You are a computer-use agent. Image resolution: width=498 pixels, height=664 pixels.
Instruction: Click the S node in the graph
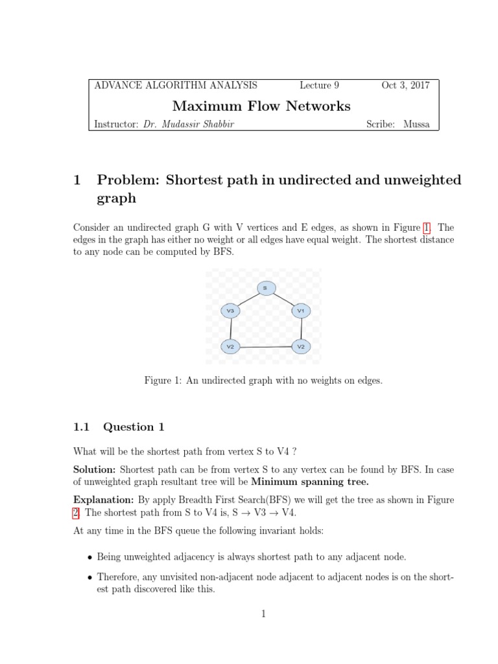click(265, 287)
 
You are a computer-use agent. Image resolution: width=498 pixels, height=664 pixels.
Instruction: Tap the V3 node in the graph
click(230, 311)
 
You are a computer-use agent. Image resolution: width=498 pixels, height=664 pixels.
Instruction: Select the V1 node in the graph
click(300, 311)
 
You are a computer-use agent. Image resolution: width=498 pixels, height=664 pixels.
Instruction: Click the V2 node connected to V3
click(230, 347)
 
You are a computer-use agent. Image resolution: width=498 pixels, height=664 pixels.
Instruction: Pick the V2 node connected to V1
click(301, 347)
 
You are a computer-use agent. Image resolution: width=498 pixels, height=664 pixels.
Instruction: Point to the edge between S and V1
click(283, 299)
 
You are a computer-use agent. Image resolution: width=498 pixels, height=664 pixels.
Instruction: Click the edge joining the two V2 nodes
click(265, 348)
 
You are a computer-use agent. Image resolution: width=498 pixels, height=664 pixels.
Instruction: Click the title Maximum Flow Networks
click(261, 106)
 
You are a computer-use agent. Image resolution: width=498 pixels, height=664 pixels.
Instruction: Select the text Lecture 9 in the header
click(319, 85)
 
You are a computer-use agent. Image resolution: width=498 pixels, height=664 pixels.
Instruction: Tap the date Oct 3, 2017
click(405, 85)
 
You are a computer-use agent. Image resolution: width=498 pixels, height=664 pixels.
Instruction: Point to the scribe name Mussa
click(416, 124)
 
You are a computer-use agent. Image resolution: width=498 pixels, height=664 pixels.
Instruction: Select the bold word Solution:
click(95, 469)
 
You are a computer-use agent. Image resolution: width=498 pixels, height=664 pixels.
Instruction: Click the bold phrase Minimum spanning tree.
click(310, 482)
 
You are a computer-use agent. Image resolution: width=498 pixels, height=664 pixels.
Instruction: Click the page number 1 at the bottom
click(264, 614)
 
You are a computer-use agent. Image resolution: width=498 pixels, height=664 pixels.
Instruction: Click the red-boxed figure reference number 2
click(76, 512)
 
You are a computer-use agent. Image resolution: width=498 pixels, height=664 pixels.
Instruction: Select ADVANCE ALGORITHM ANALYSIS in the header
click(176, 85)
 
